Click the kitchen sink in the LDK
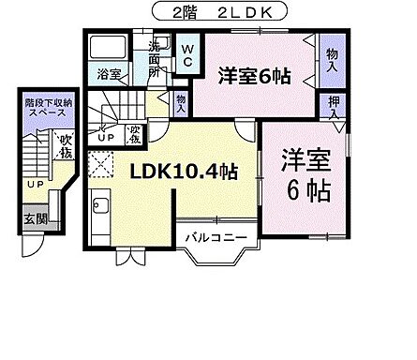[103, 207]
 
